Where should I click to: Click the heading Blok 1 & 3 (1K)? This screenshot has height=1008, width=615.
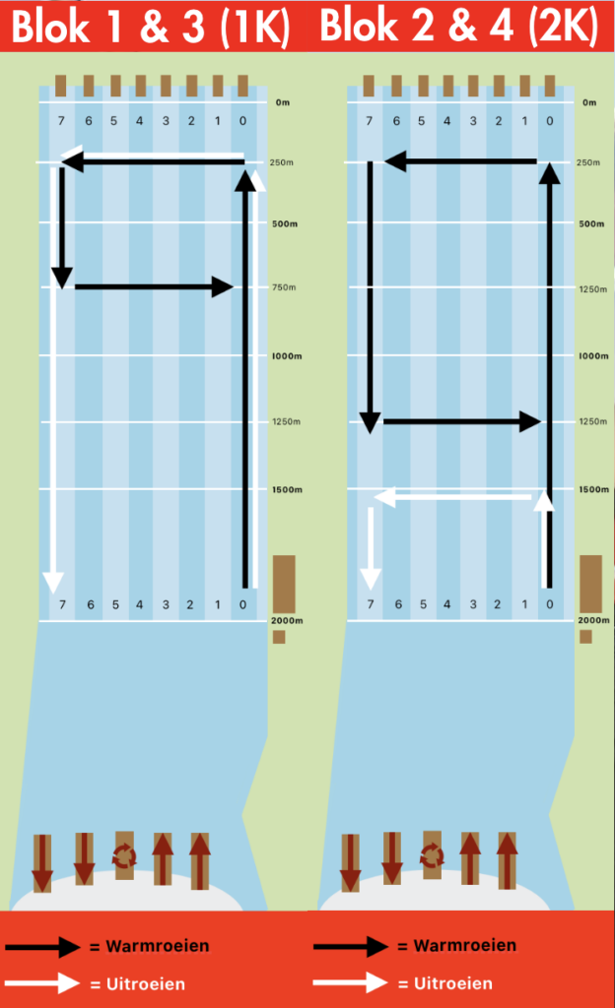pyautogui.click(x=151, y=27)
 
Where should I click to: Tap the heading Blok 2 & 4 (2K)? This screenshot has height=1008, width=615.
pyautogui.click(x=459, y=25)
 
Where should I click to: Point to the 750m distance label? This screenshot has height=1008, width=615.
pyautogui.click(x=284, y=287)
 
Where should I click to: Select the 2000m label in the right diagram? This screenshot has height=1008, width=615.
pyautogui.click(x=593, y=620)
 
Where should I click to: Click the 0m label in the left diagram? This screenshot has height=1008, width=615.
pyautogui.click(x=283, y=102)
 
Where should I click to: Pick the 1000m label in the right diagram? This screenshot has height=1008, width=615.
pyautogui.click(x=593, y=355)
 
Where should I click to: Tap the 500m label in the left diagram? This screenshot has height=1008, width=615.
pyautogui.click(x=285, y=223)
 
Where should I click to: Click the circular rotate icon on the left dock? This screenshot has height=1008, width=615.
pyautogui.click(x=124, y=855)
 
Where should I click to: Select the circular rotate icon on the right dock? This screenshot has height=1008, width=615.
pyautogui.click(x=432, y=855)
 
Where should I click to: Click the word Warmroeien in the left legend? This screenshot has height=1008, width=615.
pyautogui.click(x=158, y=946)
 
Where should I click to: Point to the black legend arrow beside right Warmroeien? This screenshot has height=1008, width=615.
pyautogui.click(x=351, y=946)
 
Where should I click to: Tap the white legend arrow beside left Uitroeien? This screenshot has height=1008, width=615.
pyautogui.click(x=42, y=983)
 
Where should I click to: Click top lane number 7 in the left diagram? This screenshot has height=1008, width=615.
pyautogui.click(x=61, y=121)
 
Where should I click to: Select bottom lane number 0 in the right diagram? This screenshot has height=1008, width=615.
pyautogui.click(x=549, y=604)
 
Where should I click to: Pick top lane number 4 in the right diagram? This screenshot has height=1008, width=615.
pyautogui.click(x=447, y=121)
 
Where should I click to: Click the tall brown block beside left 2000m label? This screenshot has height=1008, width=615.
pyautogui.click(x=284, y=584)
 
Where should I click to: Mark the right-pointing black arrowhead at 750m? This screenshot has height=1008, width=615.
pyautogui.click(x=223, y=286)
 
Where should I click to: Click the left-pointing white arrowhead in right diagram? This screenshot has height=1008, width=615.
pyautogui.click(x=384, y=497)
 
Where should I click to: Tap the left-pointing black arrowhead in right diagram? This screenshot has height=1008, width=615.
pyautogui.click(x=395, y=161)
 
